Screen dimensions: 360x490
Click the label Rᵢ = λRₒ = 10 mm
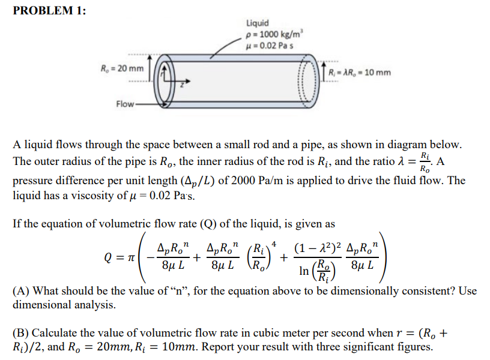point(360,73)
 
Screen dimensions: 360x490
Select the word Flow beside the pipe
point(125,104)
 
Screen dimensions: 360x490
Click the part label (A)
point(22,291)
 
